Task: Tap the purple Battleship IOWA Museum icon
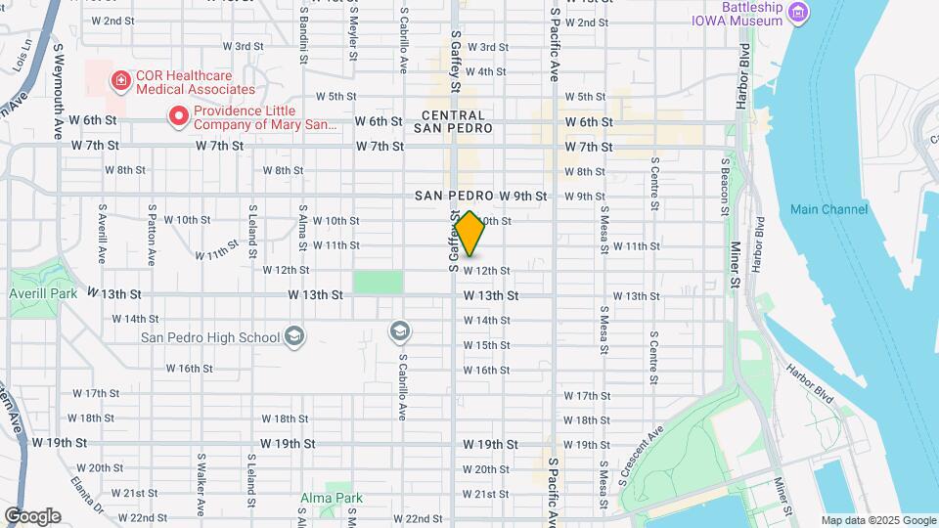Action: [x=800, y=14]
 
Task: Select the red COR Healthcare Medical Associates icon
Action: [x=121, y=80]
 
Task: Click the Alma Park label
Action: [x=337, y=498]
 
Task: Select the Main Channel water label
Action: [x=828, y=209]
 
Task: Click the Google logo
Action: [x=32, y=515]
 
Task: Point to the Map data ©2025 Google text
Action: [x=877, y=520]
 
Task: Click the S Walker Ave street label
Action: [x=201, y=483]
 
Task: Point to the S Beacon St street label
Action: [x=725, y=186]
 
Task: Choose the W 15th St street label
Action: [x=486, y=345]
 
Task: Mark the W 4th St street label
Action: [x=485, y=71]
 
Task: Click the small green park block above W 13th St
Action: [x=378, y=282]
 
